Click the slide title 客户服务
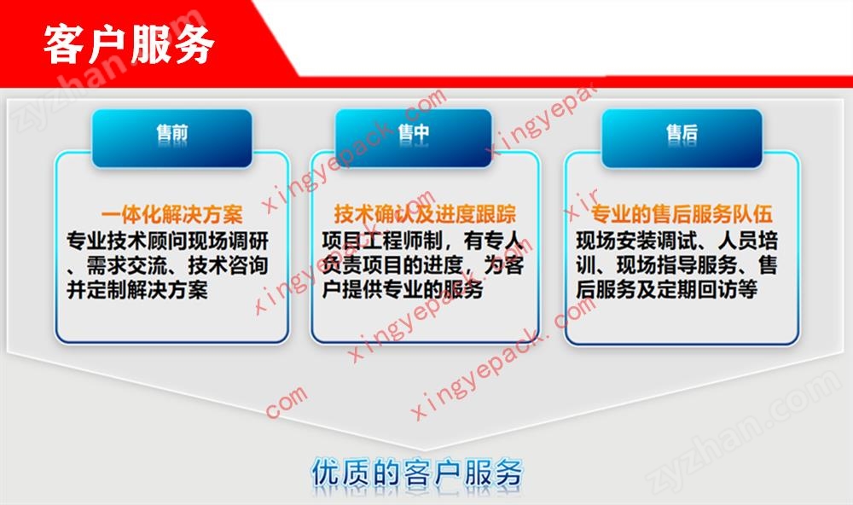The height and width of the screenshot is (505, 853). [x=129, y=44]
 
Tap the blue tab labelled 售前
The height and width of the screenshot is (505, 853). [x=172, y=138]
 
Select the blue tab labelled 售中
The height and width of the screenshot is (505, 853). [x=414, y=138]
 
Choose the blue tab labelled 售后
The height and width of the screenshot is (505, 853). [x=682, y=138]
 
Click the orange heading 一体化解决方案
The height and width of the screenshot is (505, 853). [x=172, y=214]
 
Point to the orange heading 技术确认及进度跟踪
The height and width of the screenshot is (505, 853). [x=425, y=214]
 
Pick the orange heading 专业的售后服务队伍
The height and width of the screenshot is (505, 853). [x=682, y=214]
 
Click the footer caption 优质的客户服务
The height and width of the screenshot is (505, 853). [x=417, y=473]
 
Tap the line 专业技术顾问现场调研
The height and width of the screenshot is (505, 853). [x=167, y=241]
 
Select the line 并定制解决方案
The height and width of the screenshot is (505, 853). [x=137, y=289]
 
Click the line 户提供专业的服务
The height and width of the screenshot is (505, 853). [x=403, y=289]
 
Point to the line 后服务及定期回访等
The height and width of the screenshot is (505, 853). [x=667, y=289]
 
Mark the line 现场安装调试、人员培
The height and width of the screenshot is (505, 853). [x=677, y=240]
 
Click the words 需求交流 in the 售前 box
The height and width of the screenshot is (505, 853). [x=127, y=265]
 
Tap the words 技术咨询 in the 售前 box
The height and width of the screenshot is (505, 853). [x=229, y=265]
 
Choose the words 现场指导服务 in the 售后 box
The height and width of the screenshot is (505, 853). [x=677, y=264]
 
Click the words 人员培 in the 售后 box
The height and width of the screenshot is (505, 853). [x=749, y=240]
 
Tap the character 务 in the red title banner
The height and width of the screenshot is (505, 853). [x=194, y=44]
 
